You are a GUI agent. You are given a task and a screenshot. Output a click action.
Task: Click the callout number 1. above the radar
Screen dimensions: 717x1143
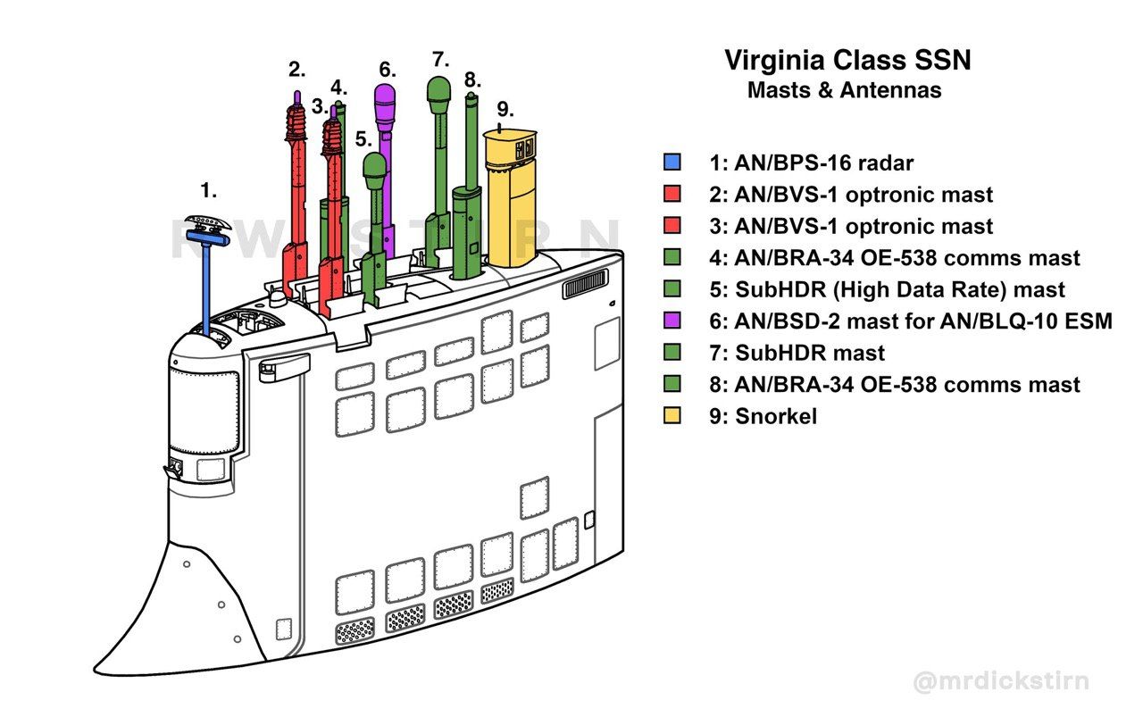(208, 190)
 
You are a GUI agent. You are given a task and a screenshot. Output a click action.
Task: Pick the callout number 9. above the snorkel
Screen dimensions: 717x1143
(505, 109)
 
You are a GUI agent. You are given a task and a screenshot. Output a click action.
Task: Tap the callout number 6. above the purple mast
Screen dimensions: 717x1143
(387, 69)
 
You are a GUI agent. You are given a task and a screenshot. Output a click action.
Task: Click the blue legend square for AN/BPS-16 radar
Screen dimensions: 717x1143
(672, 163)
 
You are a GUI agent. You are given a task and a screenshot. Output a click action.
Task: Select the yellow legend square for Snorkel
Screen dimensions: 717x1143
(672, 416)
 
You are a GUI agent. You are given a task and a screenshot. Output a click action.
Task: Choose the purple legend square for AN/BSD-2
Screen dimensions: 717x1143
(672, 321)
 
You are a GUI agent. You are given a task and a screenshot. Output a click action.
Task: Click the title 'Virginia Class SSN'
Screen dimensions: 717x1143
(847, 61)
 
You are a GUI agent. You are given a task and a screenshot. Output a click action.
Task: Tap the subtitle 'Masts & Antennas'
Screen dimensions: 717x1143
(844, 90)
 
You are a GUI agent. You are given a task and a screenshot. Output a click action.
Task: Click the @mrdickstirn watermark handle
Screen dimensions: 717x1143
(1000, 682)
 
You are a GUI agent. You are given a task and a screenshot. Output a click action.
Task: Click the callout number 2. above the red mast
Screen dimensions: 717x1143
(296, 69)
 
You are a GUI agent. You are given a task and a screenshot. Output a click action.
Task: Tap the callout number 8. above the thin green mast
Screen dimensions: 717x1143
(472, 79)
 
